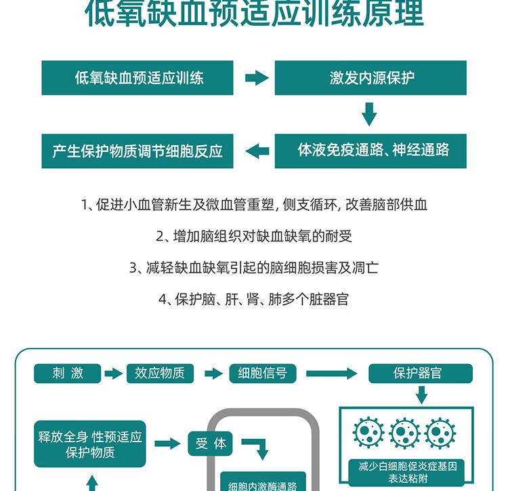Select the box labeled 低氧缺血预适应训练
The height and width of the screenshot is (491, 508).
[137, 78]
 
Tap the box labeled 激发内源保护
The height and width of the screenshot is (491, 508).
[371, 78]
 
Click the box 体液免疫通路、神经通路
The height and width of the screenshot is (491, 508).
[371, 150]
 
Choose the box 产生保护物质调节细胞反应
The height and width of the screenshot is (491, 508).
[137, 150]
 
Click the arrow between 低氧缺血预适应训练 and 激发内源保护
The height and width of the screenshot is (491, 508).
[256, 78]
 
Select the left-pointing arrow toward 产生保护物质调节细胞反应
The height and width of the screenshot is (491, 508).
[256, 151]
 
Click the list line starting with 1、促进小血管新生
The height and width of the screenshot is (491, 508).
[254, 205]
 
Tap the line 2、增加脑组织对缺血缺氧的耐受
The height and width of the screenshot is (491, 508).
[254, 237]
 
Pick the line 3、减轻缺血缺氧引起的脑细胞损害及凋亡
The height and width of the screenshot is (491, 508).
[254, 268]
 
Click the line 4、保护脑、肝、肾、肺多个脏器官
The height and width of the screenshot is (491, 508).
[254, 299]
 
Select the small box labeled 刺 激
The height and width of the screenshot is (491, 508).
[68, 373]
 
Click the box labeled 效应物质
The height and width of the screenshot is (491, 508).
[160, 373]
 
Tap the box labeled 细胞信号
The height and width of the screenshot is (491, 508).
[263, 373]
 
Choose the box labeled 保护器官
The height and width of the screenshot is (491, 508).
[420, 373]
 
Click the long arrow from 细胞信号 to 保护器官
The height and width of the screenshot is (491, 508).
[332, 373]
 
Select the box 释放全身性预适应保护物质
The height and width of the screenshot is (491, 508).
[90, 444]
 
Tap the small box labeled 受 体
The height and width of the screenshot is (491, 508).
[211, 444]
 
